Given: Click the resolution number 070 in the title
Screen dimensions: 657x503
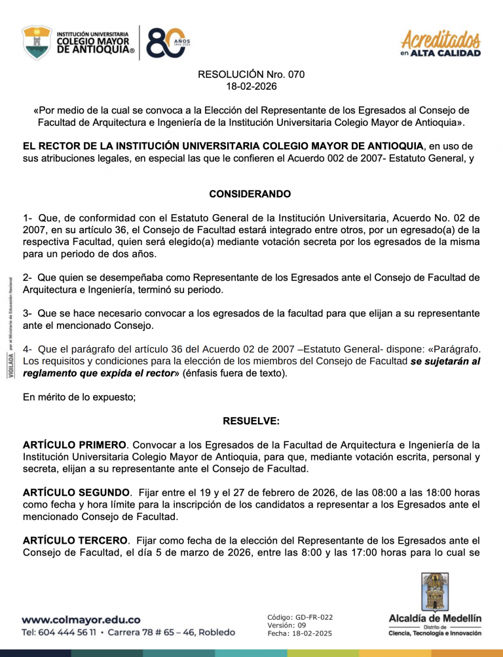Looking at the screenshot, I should [295, 74].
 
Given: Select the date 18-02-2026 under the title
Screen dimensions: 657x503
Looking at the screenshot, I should [251, 86].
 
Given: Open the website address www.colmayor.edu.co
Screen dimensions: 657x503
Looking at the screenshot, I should [81, 619].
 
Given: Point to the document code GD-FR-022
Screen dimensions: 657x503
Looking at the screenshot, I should [317, 617].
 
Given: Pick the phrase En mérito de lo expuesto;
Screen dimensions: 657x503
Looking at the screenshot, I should [79, 397].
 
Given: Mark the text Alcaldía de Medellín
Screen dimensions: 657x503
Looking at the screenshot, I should [434, 618].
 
